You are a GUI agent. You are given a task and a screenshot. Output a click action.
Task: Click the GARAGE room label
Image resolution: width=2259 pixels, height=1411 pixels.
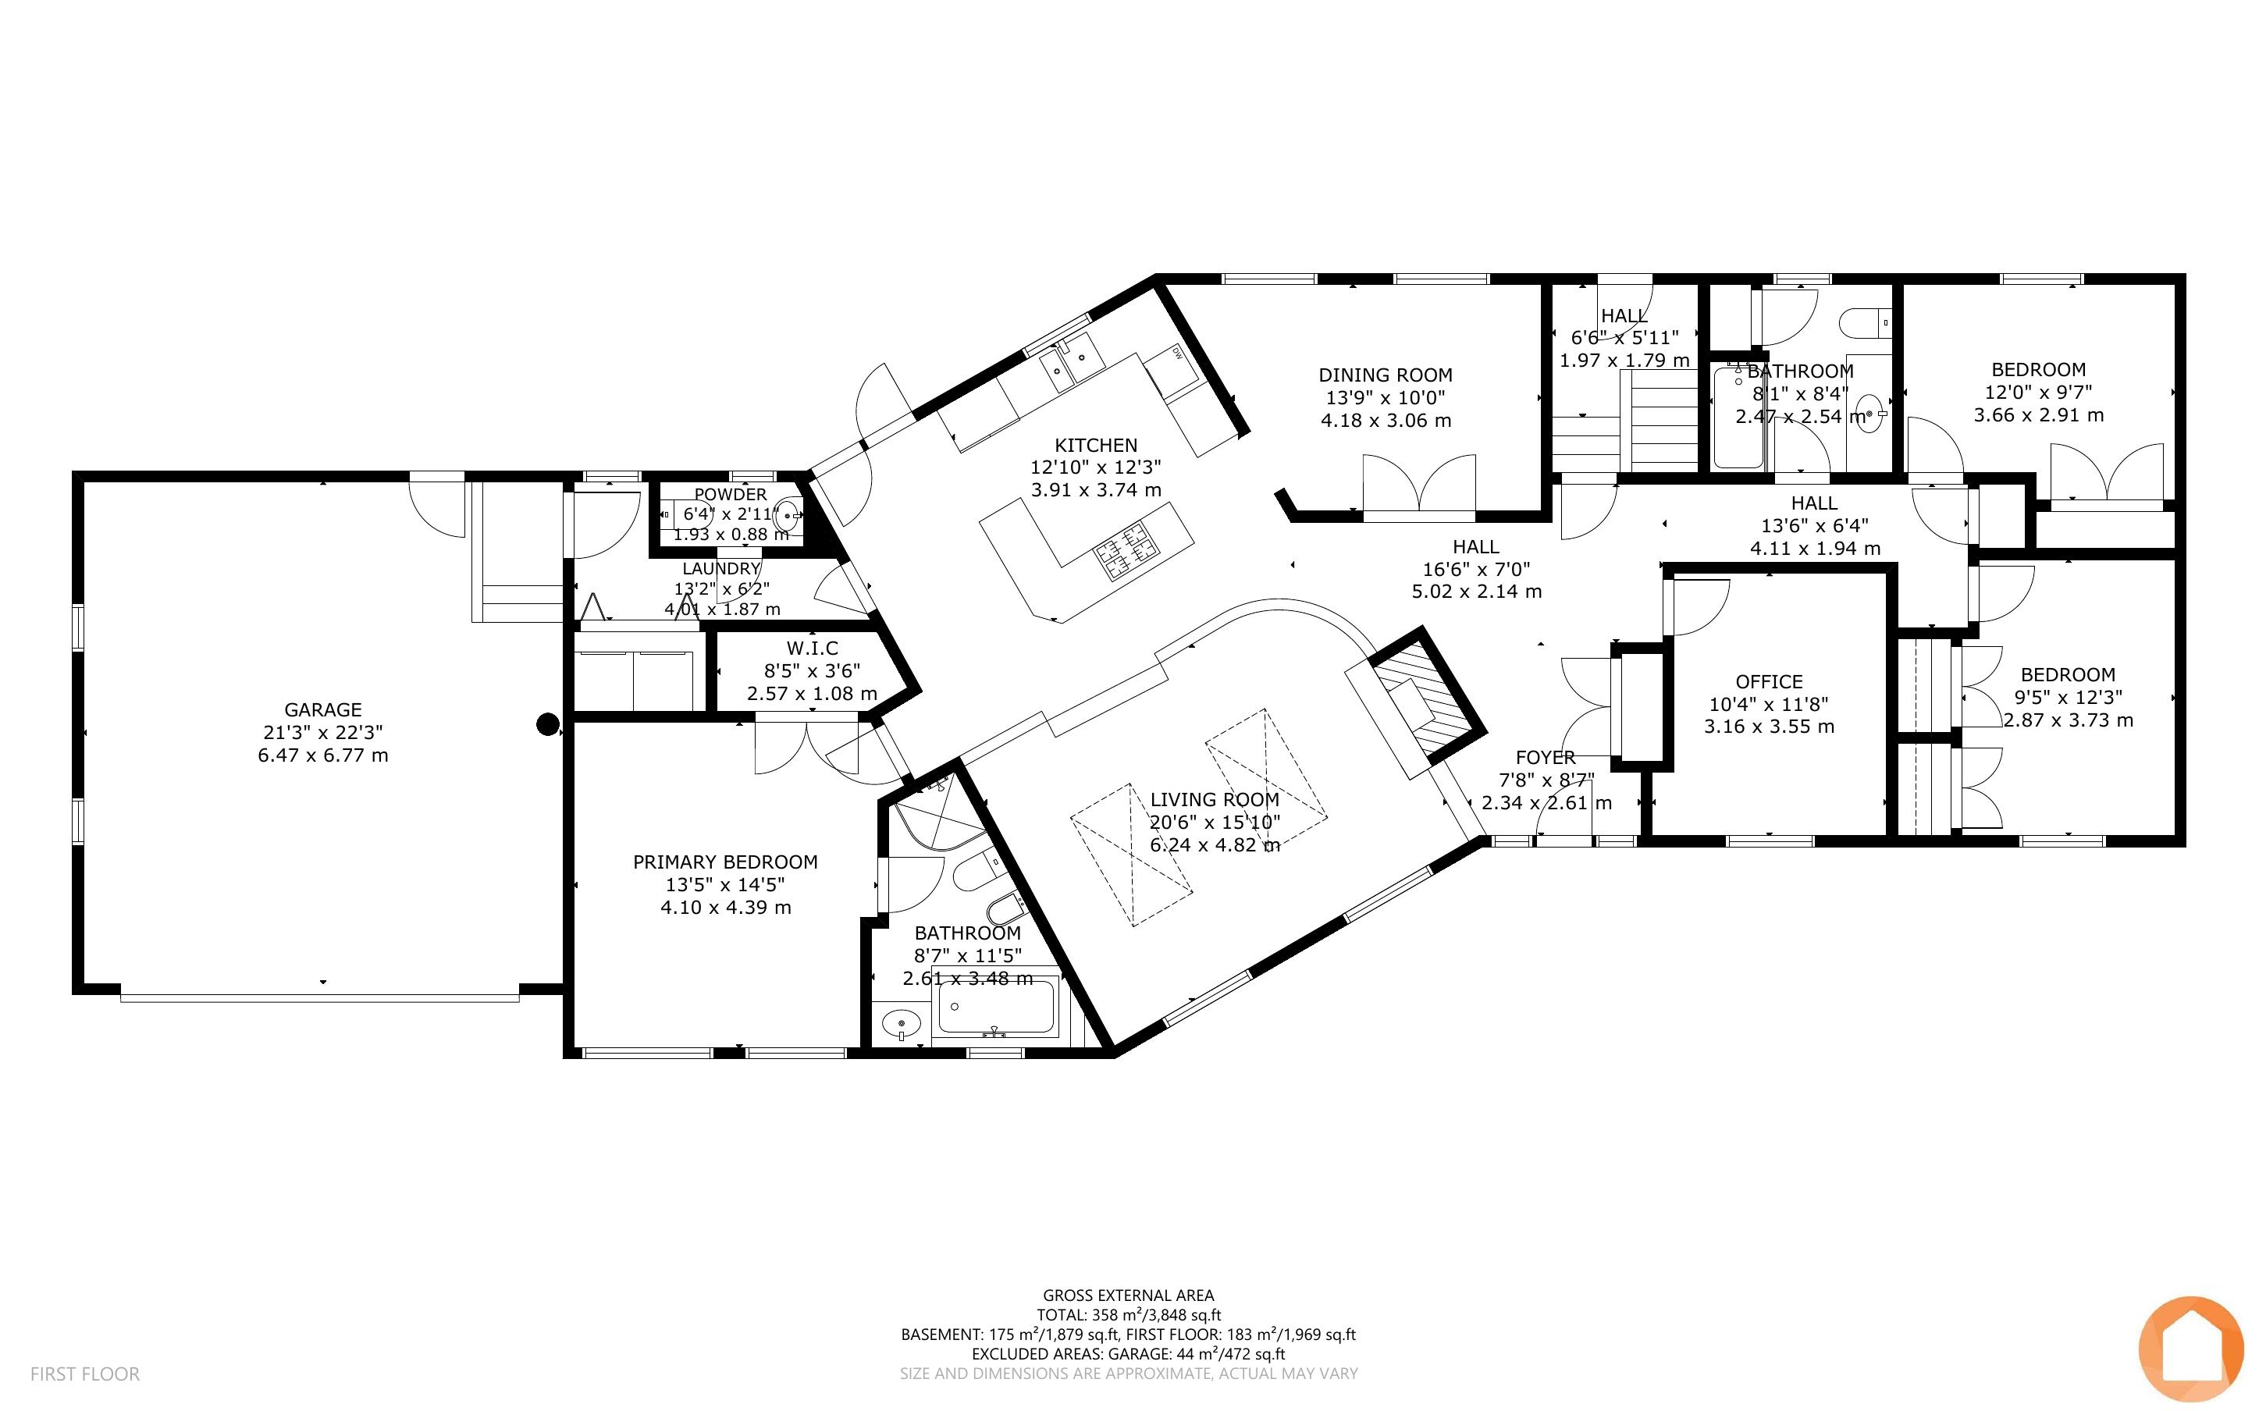click(323, 709)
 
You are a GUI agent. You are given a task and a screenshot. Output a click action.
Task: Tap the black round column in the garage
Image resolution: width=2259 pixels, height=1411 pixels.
click(548, 724)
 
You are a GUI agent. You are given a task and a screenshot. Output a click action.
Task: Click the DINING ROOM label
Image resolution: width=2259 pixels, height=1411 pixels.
click(1385, 375)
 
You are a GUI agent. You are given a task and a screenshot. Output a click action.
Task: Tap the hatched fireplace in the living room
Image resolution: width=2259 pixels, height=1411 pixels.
click(1425, 693)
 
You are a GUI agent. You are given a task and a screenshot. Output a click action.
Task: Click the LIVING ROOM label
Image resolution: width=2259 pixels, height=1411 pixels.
click(1214, 800)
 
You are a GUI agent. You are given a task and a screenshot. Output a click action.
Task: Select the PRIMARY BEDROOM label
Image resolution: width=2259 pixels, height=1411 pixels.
click(725, 862)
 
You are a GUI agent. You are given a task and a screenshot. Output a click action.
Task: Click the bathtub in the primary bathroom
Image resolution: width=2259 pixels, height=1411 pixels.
click(997, 1007)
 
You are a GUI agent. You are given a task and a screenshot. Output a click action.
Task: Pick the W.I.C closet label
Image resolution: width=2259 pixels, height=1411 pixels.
click(812, 648)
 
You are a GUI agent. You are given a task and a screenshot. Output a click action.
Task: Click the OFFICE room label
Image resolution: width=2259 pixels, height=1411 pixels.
click(1769, 682)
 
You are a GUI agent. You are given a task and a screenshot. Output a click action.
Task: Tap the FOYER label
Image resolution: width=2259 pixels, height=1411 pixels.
click(1546, 758)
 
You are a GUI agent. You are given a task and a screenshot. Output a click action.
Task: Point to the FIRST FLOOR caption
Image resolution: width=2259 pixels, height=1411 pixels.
click(85, 1374)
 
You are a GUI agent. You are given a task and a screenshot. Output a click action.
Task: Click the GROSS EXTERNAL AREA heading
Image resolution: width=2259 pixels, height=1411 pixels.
click(1128, 1295)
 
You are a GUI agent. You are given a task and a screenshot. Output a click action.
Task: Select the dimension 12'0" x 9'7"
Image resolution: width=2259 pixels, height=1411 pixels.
click(2038, 392)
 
